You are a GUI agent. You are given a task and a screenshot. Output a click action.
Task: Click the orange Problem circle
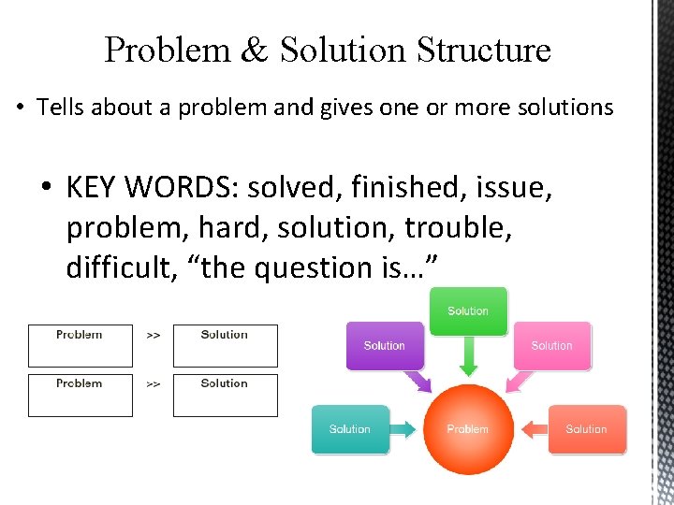(x=468, y=428)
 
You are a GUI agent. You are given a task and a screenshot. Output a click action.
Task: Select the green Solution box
(x=468, y=310)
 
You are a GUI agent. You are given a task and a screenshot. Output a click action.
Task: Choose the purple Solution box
(x=384, y=345)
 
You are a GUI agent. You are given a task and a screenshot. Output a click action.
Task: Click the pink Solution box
(x=551, y=345)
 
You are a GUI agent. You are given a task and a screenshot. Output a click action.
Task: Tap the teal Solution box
(x=349, y=429)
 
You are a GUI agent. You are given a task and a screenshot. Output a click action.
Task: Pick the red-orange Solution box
(x=586, y=429)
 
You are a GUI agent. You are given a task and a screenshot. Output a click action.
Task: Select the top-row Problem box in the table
(x=80, y=345)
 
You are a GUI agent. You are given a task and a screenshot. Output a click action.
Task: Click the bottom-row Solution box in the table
(x=225, y=395)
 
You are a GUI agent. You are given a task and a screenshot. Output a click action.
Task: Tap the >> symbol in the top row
(x=153, y=335)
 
